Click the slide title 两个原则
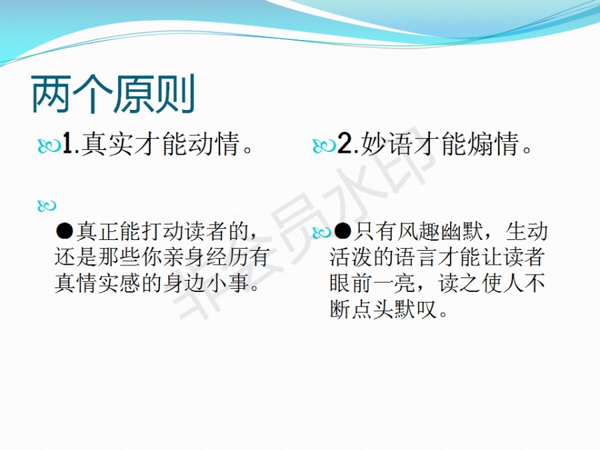click(113, 94)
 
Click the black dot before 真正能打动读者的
click(64, 231)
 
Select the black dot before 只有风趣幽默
click(343, 231)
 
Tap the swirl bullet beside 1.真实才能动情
click(49, 146)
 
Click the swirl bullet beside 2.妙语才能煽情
click(324, 146)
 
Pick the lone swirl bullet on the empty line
click(47, 206)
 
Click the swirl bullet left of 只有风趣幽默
click(322, 232)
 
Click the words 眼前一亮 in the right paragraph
click(373, 283)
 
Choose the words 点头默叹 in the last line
click(394, 309)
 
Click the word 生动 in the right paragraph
click(527, 231)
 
